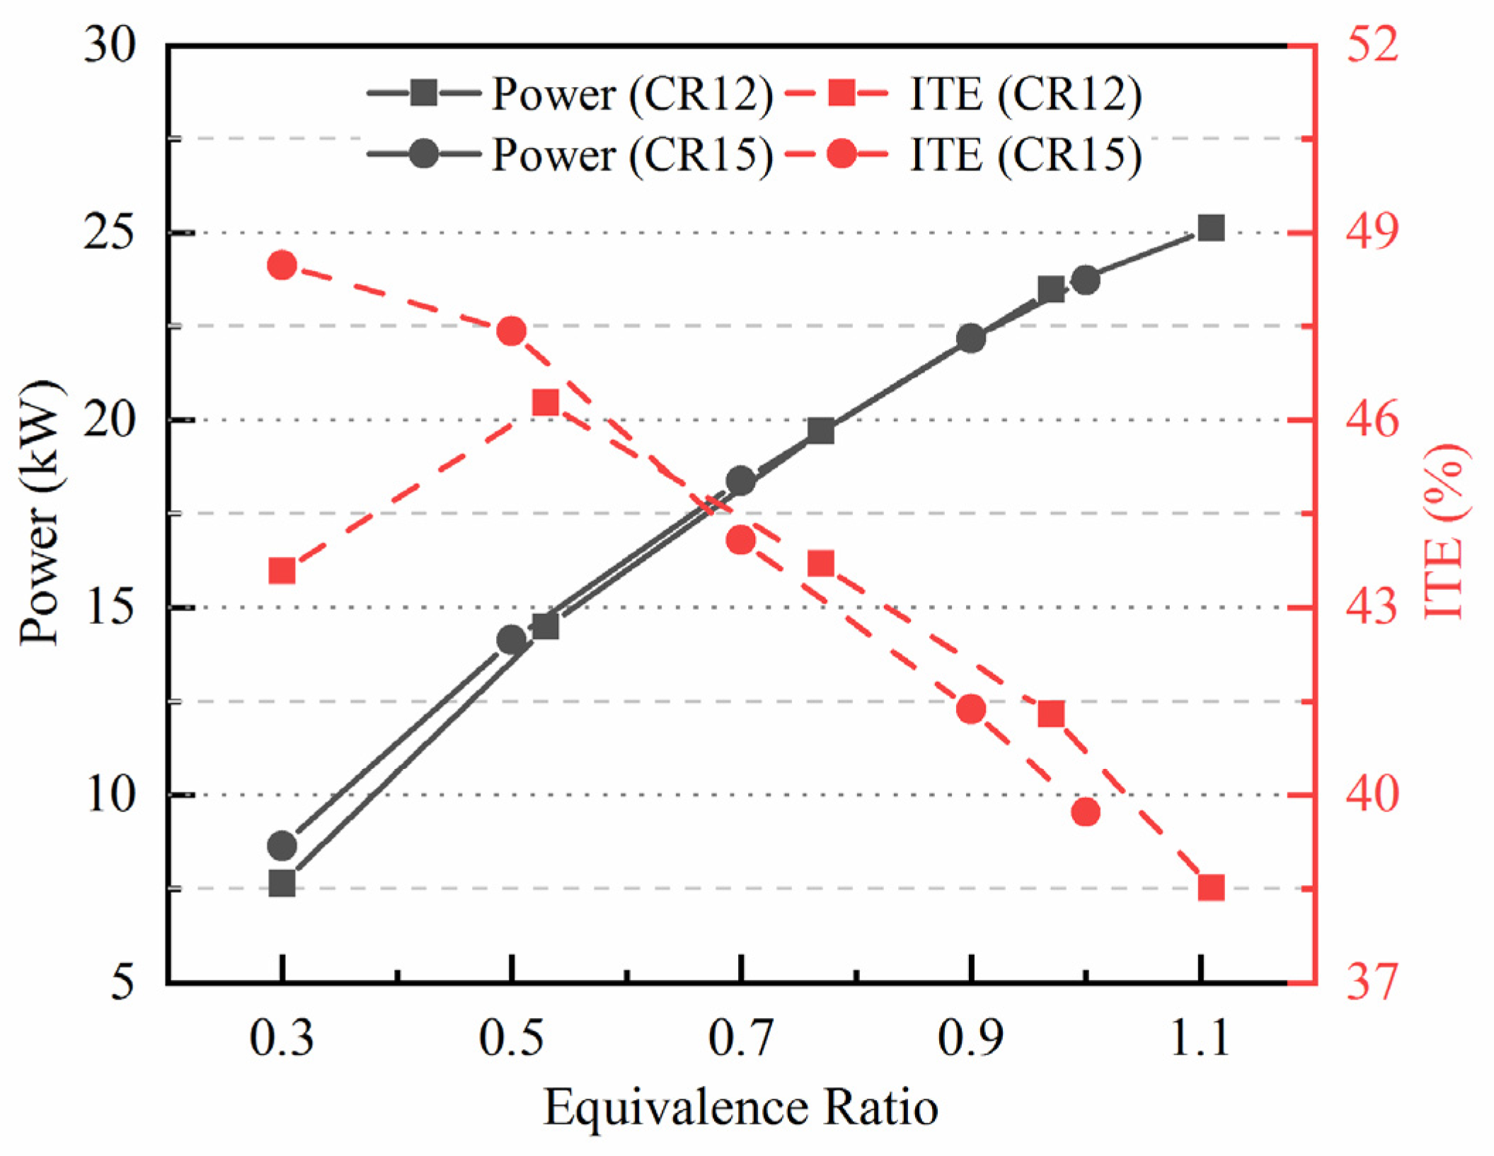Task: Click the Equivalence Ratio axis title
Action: coord(740,1108)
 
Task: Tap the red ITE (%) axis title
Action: coord(1444,531)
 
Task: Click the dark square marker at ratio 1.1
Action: coord(1211,229)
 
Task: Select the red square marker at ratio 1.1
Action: coord(1211,887)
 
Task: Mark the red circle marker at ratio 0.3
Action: coord(282,266)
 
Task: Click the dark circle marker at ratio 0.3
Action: coord(282,845)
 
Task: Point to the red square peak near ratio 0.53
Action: coord(546,403)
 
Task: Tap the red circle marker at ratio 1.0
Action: coord(1086,812)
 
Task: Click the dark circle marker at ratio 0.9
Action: coord(971,339)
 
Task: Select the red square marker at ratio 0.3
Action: coord(282,571)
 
